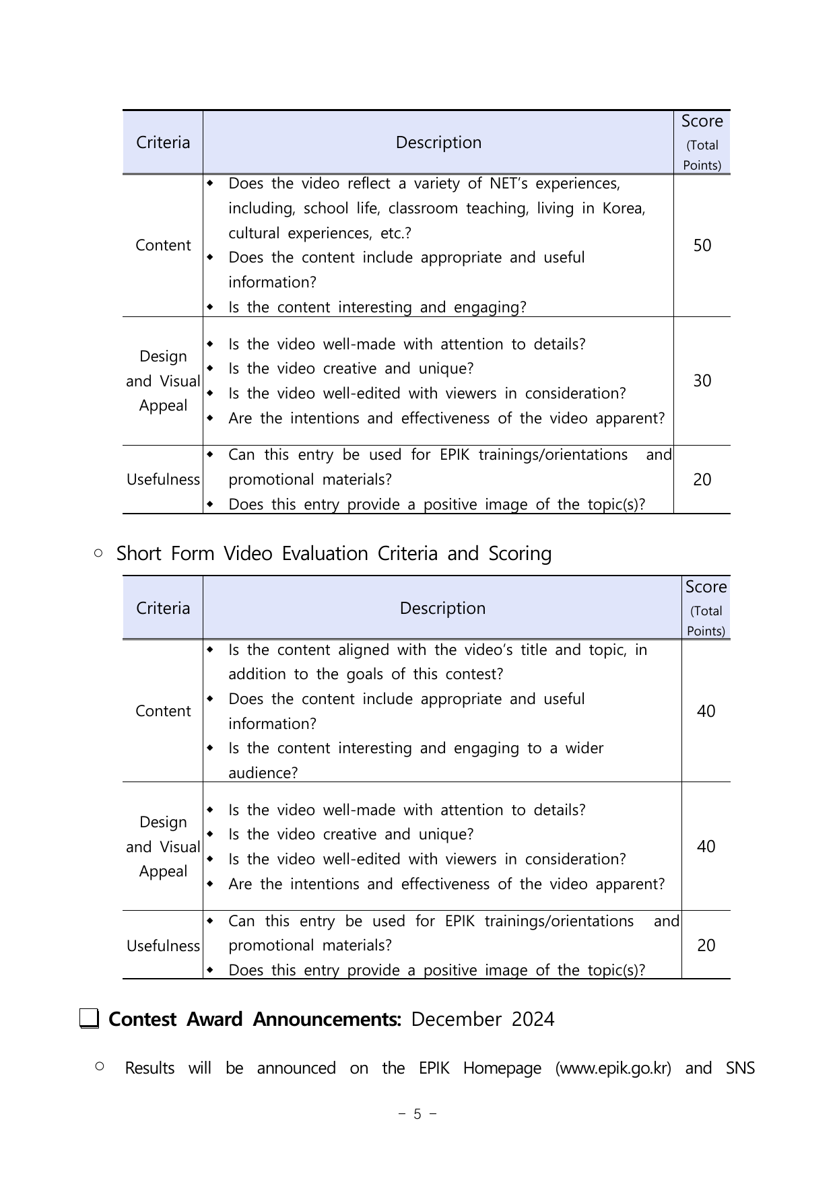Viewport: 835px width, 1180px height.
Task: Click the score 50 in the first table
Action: pyautogui.click(x=702, y=246)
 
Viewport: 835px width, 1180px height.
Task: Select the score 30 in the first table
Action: pyautogui.click(x=702, y=381)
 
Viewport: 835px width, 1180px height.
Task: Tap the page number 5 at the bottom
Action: pyautogui.click(x=417, y=1114)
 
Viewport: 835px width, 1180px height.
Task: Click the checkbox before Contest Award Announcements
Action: pyautogui.click(x=89, y=1018)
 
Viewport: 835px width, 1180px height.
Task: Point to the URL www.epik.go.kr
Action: pyautogui.click(x=613, y=1068)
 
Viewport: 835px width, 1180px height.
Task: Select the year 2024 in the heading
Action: pyautogui.click(x=533, y=1019)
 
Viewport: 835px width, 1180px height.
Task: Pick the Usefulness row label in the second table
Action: pyautogui.click(x=163, y=946)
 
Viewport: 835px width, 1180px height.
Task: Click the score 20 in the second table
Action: pyautogui.click(x=706, y=945)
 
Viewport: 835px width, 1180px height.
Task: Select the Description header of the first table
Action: pyautogui.click(x=438, y=143)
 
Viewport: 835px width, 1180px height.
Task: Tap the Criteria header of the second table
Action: pyautogui.click(x=163, y=609)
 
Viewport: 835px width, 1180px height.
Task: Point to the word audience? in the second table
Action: pyautogui.click(x=263, y=773)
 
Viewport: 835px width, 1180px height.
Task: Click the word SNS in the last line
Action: pyautogui.click(x=740, y=1068)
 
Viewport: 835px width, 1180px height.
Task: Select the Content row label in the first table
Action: pyautogui.click(x=163, y=246)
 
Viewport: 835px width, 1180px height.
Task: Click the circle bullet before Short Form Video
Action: pyautogui.click(x=99, y=553)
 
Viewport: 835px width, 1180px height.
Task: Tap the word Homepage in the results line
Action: pyautogui.click(x=502, y=1068)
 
